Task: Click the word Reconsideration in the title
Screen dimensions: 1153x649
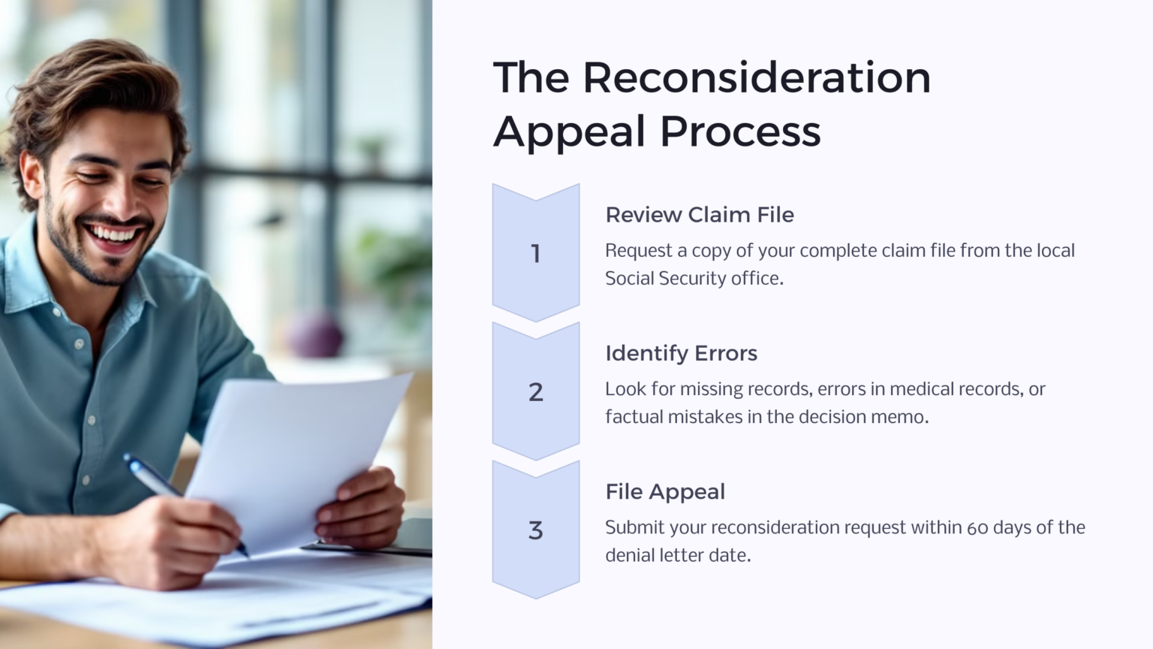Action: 757,78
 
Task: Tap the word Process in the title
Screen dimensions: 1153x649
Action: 740,132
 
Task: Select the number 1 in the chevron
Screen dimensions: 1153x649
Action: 536,254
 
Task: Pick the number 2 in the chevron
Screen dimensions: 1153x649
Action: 536,392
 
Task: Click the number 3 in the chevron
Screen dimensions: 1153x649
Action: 536,530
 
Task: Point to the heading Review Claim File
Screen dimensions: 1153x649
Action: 700,215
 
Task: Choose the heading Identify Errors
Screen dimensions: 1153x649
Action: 681,353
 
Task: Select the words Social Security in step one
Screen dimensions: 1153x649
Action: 666,279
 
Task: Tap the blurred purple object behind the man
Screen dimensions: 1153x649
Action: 315,335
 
